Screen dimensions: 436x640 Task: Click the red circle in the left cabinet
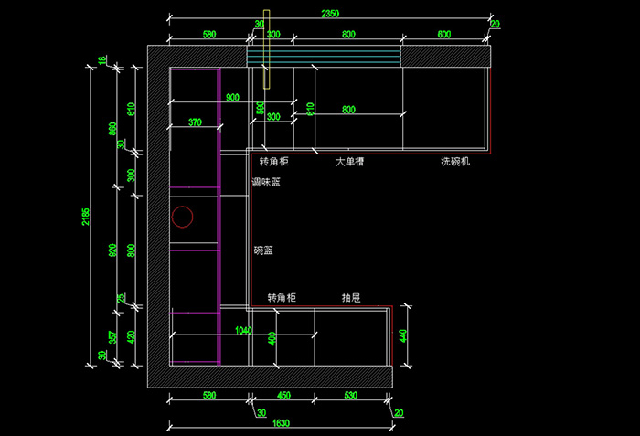click(x=183, y=217)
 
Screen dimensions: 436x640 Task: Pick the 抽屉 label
click(x=350, y=298)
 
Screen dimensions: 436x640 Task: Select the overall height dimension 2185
click(x=85, y=216)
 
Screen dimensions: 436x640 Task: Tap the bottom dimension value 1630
click(x=281, y=422)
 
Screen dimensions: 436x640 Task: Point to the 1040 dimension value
click(x=243, y=330)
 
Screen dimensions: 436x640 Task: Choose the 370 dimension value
click(x=195, y=122)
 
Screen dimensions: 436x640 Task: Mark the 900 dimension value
click(x=231, y=98)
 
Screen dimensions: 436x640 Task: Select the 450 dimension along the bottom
click(x=283, y=396)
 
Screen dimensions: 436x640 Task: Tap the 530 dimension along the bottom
click(x=351, y=396)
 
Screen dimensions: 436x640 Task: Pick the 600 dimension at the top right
click(x=444, y=34)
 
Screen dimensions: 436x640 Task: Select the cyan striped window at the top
click(x=325, y=57)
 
